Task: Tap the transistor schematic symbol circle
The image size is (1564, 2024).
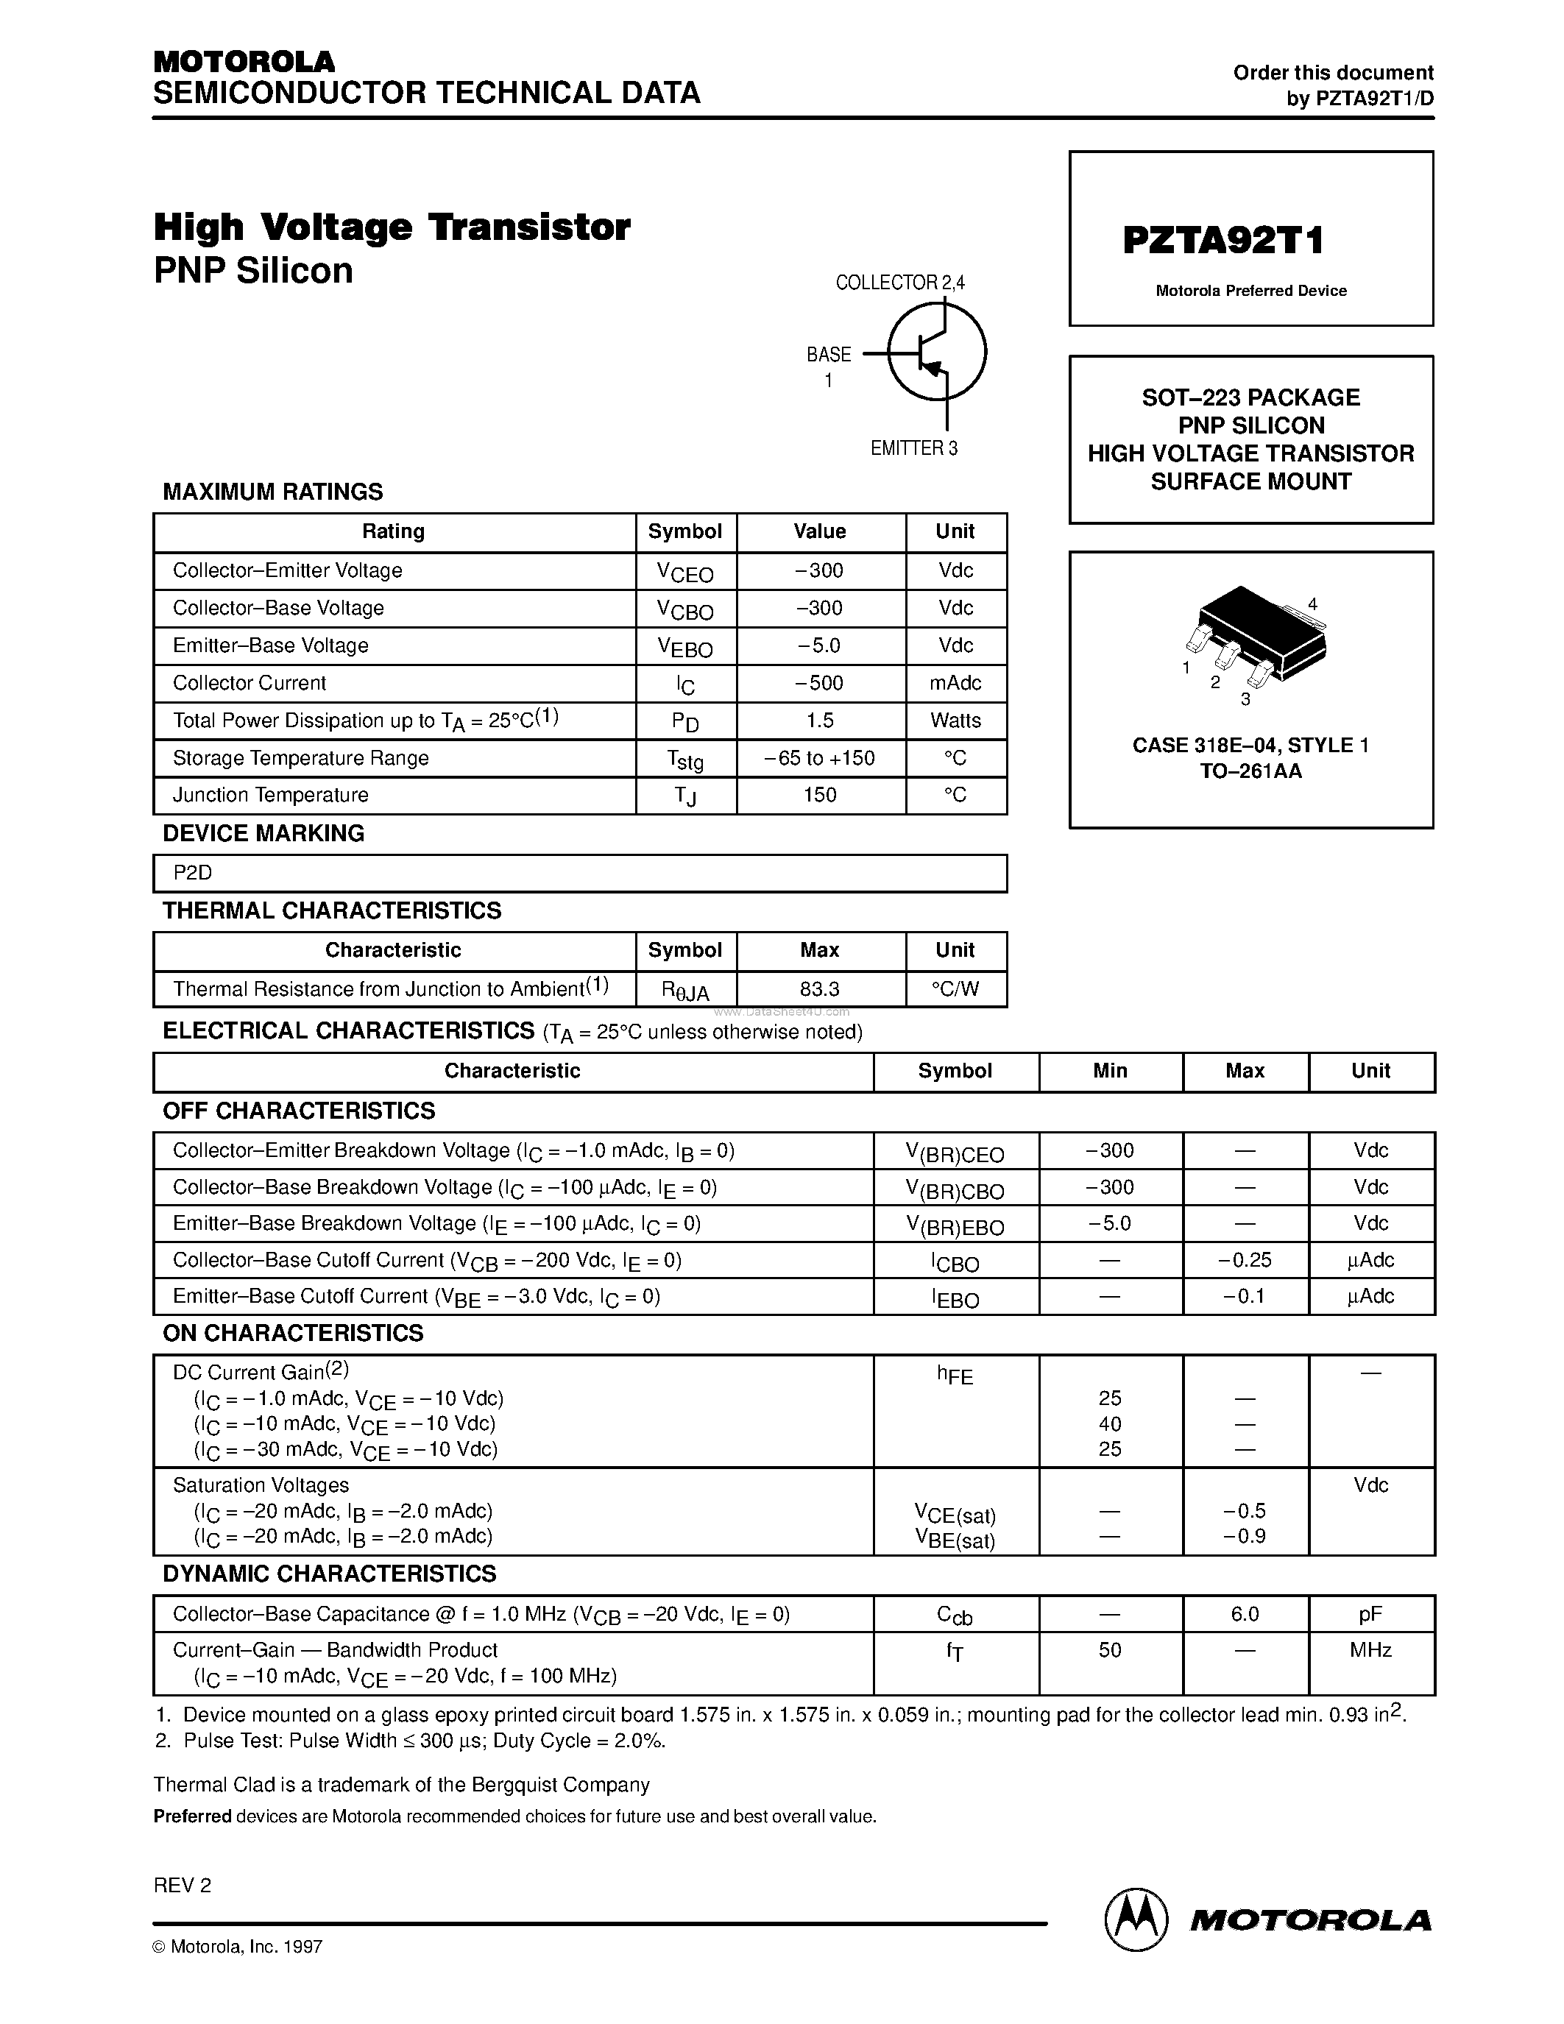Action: tap(937, 353)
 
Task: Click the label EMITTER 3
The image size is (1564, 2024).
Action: tap(913, 448)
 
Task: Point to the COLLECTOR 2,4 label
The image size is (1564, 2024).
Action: tap(899, 283)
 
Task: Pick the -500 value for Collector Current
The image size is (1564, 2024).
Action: tap(820, 684)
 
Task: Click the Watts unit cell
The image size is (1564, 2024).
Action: tap(955, 721)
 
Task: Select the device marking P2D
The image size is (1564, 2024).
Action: tap(193, 873)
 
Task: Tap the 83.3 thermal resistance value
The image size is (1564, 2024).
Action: tap(820, 989)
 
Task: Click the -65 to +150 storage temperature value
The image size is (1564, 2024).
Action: tap(820, 758)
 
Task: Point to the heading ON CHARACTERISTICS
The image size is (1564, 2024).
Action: tap(293, 1333)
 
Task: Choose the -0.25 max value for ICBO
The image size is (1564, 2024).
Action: tap(1245, 1260)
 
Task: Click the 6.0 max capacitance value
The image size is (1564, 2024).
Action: tap(1245, 1614)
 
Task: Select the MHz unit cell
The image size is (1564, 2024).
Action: tap(1370, 1651)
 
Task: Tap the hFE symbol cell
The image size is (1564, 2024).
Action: tap(955, 1376)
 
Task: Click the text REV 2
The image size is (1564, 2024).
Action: tap(183, 1885)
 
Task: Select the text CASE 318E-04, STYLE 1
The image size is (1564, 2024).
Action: tap(1250, 745)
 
